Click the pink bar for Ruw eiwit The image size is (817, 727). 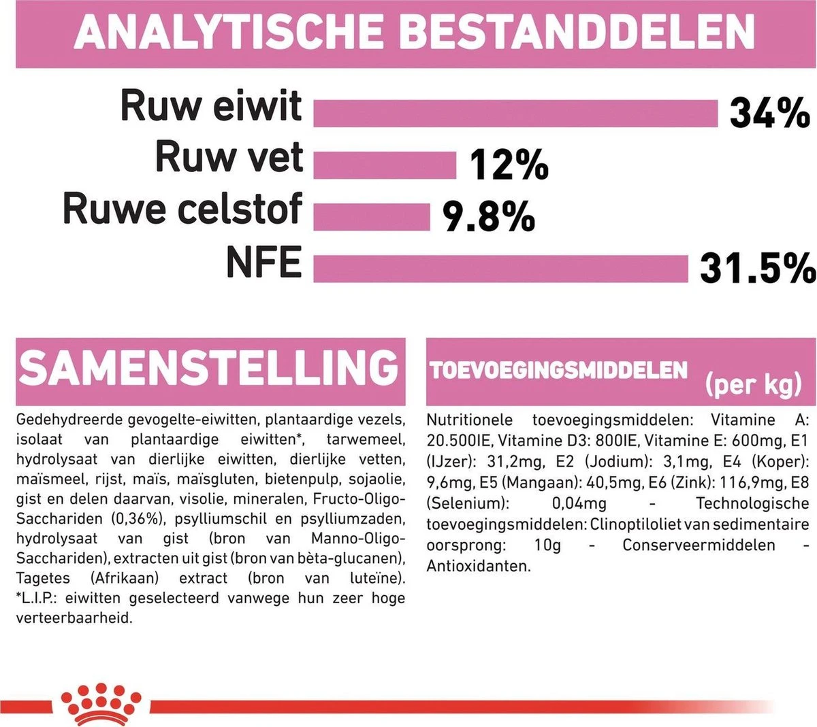[515, 113]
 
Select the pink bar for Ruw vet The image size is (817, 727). [385, 165]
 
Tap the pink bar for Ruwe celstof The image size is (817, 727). [372, 217]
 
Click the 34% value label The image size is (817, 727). [769, 113]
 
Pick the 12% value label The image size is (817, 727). [509, 165]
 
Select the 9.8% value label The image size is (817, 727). [489, 217]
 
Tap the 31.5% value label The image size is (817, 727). [757, 268]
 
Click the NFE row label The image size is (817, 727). [263, 263]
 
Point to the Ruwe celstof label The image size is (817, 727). [182, 209]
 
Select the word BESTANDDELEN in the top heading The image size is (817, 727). [579, 31]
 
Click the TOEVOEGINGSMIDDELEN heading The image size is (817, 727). [558, 370]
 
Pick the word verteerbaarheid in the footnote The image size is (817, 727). [74, 618]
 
